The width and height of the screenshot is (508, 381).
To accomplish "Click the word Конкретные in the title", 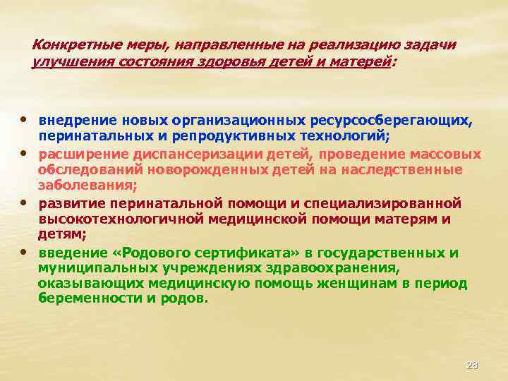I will pyautogui.click(x=68, y=44).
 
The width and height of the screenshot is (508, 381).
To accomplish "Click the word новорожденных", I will pyautogui.click(x=216, y=169).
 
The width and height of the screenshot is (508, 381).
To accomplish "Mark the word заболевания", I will pyautogui.click(x=87, y=186).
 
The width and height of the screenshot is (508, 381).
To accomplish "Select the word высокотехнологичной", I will pyautogui.click(x=121, y=219).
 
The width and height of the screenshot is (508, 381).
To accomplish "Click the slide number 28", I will pyautogui.click(x=472, y=365).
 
